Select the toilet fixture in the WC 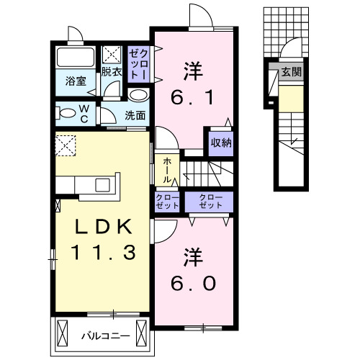68,112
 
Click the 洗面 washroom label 135,114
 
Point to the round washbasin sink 140,94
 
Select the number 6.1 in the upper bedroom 191,97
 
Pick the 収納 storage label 221,142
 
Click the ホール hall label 167,171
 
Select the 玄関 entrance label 292,72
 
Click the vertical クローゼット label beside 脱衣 138,64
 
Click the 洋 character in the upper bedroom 191,71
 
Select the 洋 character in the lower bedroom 191,257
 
